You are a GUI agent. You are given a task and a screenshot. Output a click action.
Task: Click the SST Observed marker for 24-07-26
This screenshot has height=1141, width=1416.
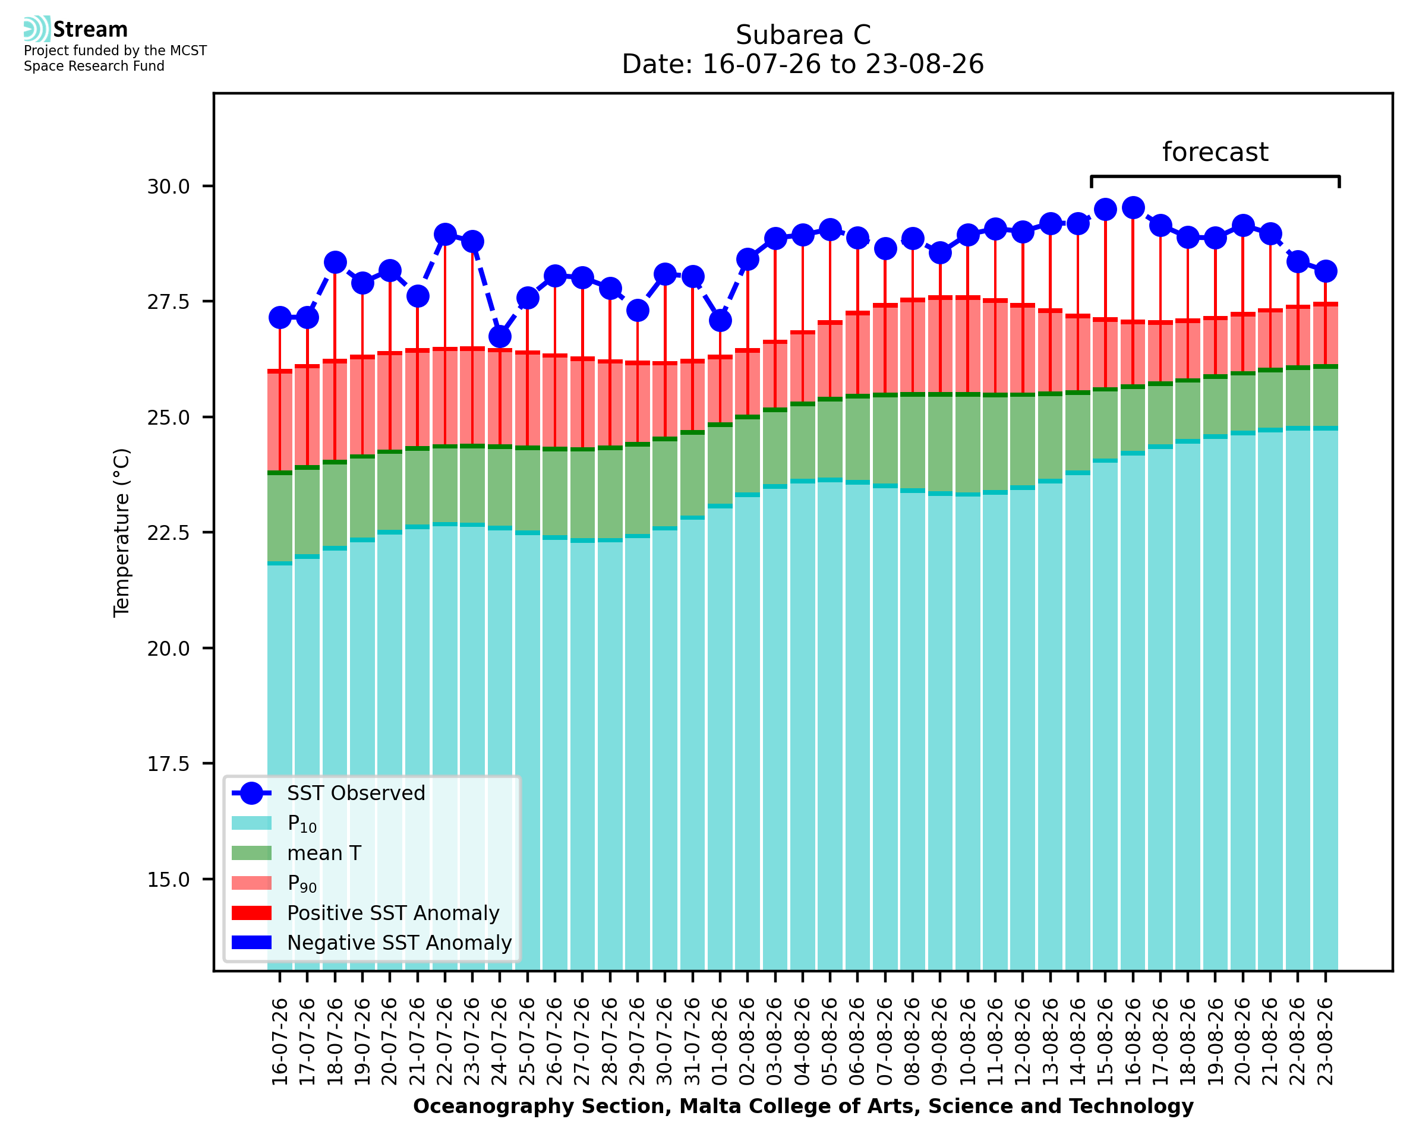(500, 337)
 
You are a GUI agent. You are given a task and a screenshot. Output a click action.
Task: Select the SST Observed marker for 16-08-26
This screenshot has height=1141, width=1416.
(1133, 208)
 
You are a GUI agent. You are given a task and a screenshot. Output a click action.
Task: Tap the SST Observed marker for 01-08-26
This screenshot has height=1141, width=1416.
(720, 321)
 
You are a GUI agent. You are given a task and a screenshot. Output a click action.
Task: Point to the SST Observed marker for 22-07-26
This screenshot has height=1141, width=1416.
(445, 234)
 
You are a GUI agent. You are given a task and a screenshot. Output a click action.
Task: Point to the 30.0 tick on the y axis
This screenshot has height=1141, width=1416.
(168, 187)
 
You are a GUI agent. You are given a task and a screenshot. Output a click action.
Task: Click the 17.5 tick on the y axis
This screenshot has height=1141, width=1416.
(168, 764)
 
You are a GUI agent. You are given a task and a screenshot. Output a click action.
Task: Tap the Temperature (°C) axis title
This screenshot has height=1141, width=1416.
(122, 532)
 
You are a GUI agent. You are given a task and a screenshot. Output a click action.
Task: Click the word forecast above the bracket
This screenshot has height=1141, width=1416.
(1215, 152)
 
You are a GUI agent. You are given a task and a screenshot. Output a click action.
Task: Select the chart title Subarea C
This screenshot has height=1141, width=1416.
(803, 35)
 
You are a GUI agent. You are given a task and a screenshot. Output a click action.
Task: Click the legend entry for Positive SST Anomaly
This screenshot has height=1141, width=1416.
(365, 913)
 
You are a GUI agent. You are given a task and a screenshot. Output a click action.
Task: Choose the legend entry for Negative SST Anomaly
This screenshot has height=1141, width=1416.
(371, 943)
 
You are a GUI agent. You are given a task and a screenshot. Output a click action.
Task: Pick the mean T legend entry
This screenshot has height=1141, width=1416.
(297, 853)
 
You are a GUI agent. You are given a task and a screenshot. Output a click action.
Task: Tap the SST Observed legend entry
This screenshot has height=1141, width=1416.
(329, 794)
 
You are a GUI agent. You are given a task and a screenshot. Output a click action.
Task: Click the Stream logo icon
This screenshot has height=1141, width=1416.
(37, 29)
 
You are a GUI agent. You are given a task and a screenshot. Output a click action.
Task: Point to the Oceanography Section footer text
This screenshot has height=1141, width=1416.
(803, 1106)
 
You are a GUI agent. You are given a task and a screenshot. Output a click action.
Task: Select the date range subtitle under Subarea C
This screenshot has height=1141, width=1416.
(803, 64)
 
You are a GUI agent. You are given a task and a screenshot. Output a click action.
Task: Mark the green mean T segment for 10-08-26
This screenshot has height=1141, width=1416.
(967, 444)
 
